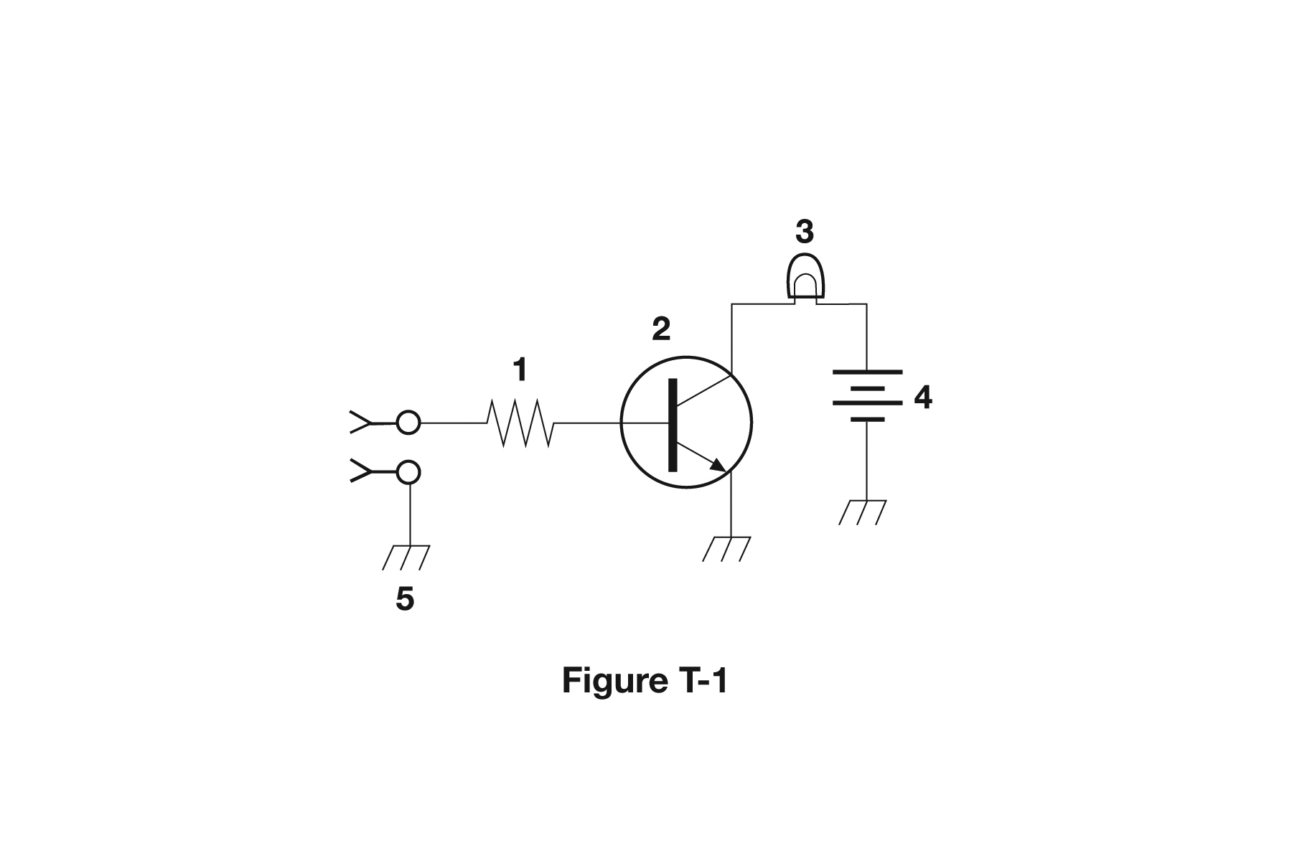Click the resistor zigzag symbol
[520, 423]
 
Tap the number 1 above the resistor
[520, 370]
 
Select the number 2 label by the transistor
[661, 329]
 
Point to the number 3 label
[805, 232]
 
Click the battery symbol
[867, 395]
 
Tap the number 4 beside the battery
[923, 397]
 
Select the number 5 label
[405, 598]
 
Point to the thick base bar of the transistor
[673, 425]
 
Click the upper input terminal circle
[408, 423]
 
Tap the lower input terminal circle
[408, 472]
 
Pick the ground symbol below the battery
[863, 512]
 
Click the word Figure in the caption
[614, 680]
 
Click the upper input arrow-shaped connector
[361, 423]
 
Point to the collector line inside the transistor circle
[703, 390]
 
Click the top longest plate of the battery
[867, 372]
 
